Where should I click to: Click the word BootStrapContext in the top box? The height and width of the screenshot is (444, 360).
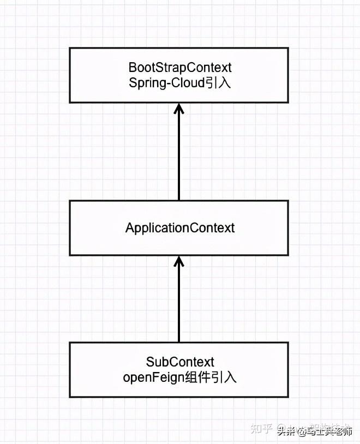pyautogui.click(x=180, y=67)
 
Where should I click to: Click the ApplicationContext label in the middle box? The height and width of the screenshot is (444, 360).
pyautogui.click(x=180, y=227)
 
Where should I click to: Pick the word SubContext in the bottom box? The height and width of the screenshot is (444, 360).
pyautogui.click(x=180, y=362)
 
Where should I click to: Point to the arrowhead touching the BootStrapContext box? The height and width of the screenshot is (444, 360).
pyautogui.click(x=179, y=108)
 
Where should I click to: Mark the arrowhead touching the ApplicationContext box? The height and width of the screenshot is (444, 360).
pyautogui.click(x=179, y=261)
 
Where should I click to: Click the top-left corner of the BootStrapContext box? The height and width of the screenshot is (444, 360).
pyautogui.click(x=70, y=48)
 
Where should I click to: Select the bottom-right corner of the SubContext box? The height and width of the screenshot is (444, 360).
pyautogui.click(x=289, y=397)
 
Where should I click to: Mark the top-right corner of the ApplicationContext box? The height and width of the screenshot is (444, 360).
pyautogui.click(x=289, y=201)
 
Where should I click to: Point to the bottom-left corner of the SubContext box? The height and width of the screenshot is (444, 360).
pyautogui.click(x=70, y=397)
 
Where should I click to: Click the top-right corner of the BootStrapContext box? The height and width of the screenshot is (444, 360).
pyautogui.click(x=289, y=48)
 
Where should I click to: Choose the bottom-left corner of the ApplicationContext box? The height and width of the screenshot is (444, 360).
pyautogui.click(x=70, y=255)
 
